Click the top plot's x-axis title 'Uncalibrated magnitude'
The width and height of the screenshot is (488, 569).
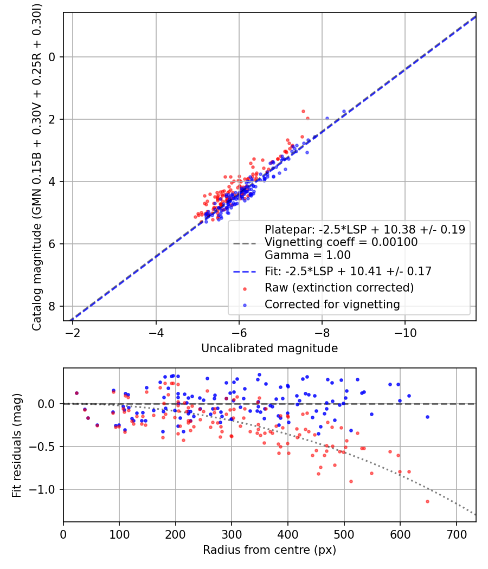point(269,348)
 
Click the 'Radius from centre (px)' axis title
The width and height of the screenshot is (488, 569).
point(269,550)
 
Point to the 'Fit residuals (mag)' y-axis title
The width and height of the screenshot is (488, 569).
point(17,445)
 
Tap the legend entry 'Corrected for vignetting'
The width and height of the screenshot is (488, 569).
point(332,305)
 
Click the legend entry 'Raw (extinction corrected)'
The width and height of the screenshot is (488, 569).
point(339,287)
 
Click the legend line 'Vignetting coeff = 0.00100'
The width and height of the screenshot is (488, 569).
point(341,242)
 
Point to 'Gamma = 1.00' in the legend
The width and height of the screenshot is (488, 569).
point(307,255)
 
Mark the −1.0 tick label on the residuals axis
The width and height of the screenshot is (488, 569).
point(44,489)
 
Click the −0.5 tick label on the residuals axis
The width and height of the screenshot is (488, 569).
point(44,447)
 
